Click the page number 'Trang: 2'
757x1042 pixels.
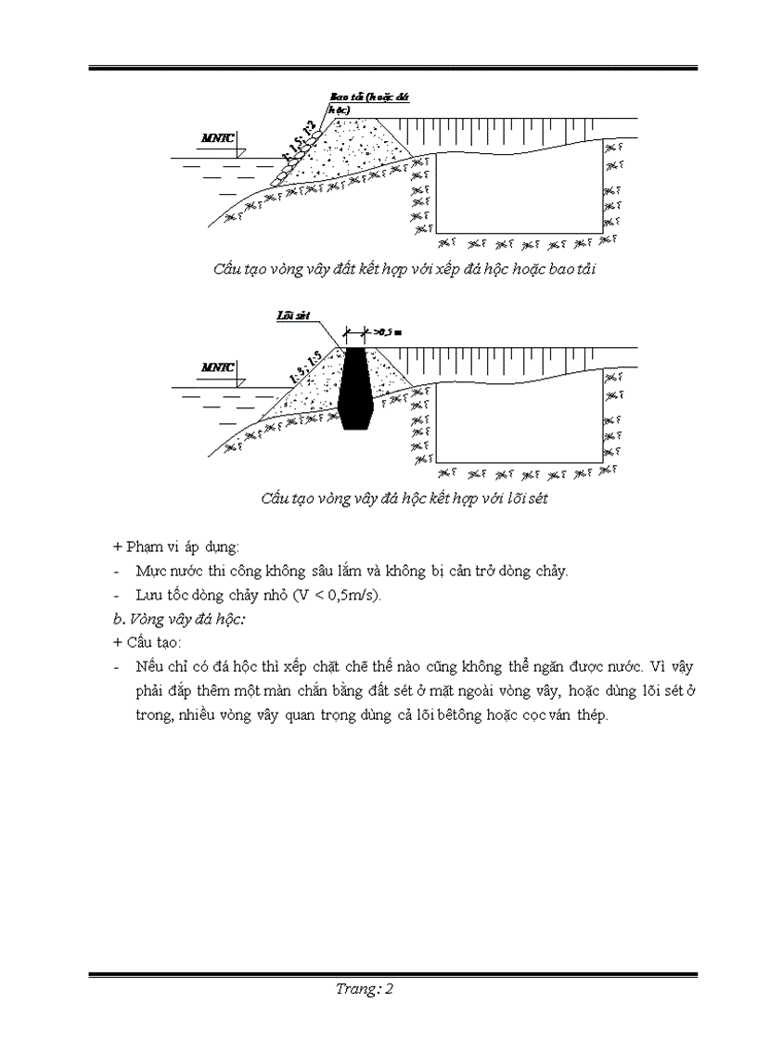366,989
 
